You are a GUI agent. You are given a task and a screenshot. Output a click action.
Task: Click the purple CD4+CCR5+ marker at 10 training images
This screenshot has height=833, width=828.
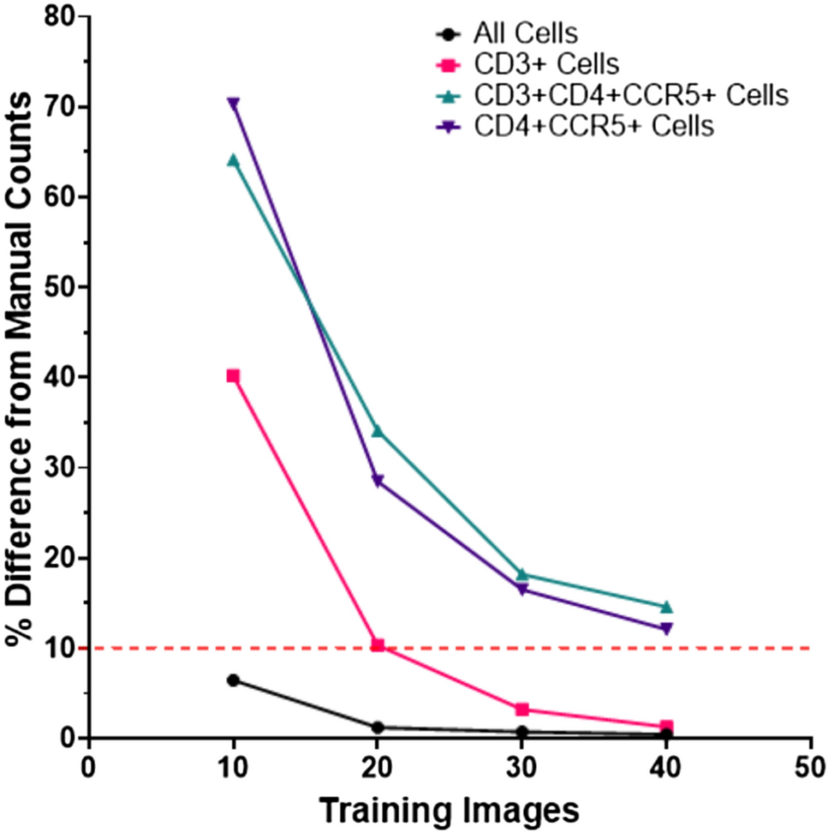pos(233,104)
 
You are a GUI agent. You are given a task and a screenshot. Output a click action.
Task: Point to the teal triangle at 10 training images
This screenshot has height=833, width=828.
pos(233,160)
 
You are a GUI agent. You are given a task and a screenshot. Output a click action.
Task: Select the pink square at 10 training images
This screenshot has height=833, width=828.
pos(233,375)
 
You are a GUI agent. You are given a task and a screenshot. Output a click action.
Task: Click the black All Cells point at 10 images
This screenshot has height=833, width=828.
pos(233,680)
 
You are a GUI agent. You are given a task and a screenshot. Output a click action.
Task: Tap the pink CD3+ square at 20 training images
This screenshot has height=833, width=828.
pos(378,644)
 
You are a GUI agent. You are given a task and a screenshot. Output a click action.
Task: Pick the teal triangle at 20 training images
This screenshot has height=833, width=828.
pos(378,430)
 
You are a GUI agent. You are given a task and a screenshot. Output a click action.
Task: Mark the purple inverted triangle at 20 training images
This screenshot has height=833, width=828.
pos(378,481)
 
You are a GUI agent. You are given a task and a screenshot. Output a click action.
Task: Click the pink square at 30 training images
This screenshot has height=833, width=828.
pos(521,709)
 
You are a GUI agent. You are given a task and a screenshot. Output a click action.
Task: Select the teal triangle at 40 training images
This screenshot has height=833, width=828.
pos(666,607)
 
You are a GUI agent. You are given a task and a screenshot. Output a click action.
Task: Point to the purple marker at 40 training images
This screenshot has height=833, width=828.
pos(666,629)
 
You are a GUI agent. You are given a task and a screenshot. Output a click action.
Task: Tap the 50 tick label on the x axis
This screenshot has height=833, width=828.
pos(810,764)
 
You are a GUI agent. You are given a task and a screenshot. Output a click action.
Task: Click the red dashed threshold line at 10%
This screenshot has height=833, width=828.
pos(736,648)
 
